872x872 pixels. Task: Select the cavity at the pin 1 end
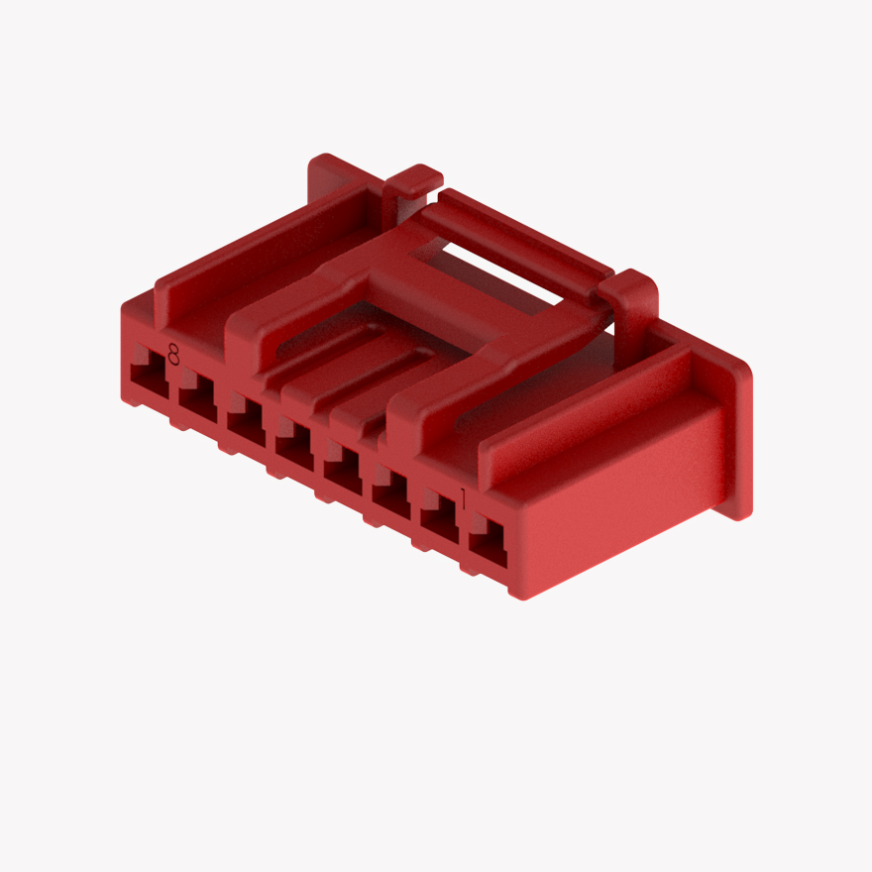pyautogui.click(x=488, y=547)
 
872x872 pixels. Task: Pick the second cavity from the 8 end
pyautogui.click(x=198, y=399)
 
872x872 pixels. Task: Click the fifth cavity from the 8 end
pyautogui.click(x=343, y=472)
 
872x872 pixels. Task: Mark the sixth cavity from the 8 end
pyautogui.click(x=390, y=497)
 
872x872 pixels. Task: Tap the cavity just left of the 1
pyautogui.click(x=439, y=522)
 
